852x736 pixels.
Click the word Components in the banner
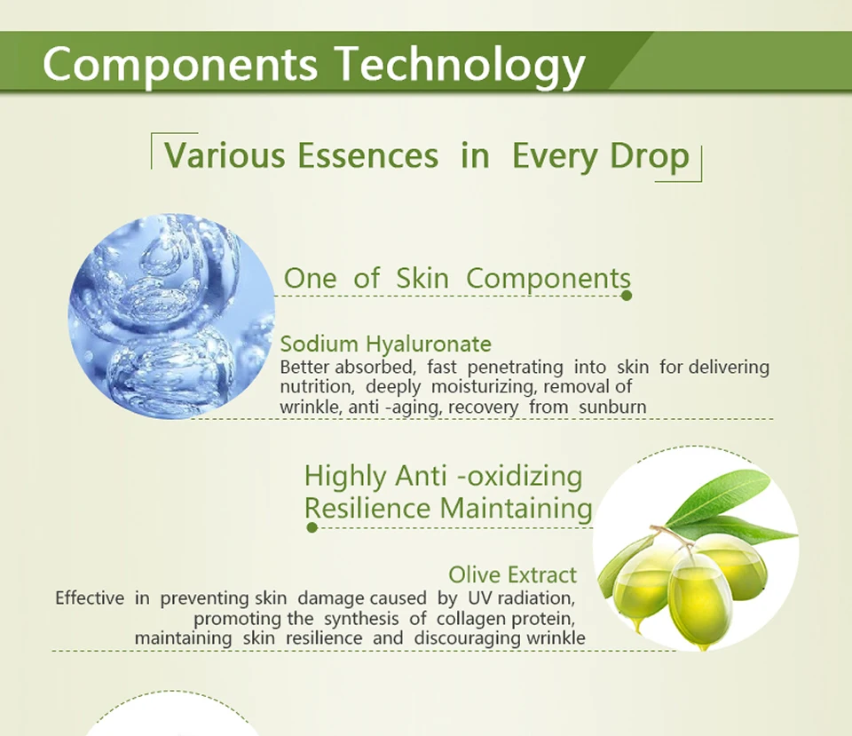[180, 65]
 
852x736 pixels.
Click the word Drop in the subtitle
[650, 156]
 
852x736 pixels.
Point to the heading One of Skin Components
[457, 278]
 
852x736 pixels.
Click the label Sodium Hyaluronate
[386, 344]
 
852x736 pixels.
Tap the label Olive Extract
[512, 574]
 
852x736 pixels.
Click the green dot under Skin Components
[627, 296]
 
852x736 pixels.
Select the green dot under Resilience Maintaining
[312, 527]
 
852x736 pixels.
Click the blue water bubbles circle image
[171, 316]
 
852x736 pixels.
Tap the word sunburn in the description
[612, 408]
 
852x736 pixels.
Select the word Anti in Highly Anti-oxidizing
[421, 476]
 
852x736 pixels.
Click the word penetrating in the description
[515, 368]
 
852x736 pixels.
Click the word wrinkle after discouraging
[554, 637]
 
